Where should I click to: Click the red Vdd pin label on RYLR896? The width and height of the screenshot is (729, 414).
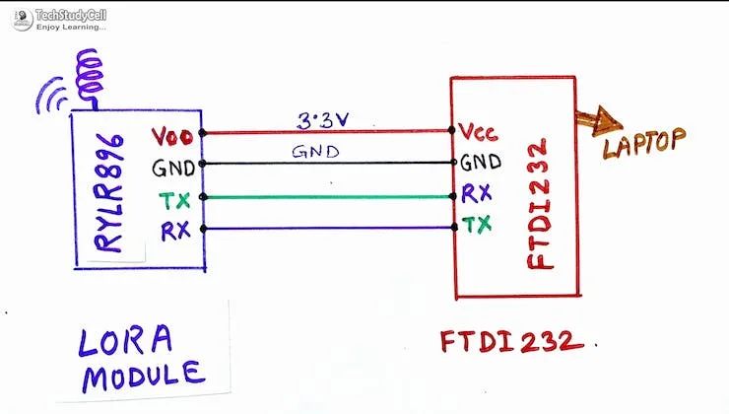(172, 137)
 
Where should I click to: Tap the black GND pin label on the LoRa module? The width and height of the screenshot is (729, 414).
(173, 168)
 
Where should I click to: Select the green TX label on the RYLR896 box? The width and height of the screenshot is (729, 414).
(174, 200)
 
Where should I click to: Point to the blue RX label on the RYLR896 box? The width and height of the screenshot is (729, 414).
(175, 231)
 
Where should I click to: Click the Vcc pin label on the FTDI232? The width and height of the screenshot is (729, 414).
(478, 132)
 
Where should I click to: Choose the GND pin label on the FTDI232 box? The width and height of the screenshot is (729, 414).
(481, 163)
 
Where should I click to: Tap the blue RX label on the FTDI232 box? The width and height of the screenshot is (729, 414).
(477, 193)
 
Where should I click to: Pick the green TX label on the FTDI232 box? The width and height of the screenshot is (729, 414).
(477, 224)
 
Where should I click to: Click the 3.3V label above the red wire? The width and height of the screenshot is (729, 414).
(323, 120)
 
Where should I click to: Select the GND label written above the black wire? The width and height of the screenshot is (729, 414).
(315, 152)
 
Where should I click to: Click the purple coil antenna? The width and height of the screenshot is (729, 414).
(91, 79)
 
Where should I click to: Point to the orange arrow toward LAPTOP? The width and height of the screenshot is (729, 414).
(599, 121)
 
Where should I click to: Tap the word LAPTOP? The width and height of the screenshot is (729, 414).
(645, 143)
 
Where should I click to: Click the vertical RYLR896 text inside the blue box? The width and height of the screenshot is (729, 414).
(109, 193)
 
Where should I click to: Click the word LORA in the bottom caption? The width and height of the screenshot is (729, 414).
(125, 341)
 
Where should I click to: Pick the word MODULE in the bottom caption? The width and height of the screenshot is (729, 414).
(144, 376)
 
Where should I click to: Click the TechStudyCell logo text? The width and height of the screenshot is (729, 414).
(71, 16)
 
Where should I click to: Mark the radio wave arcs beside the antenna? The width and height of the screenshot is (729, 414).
(51, 96)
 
